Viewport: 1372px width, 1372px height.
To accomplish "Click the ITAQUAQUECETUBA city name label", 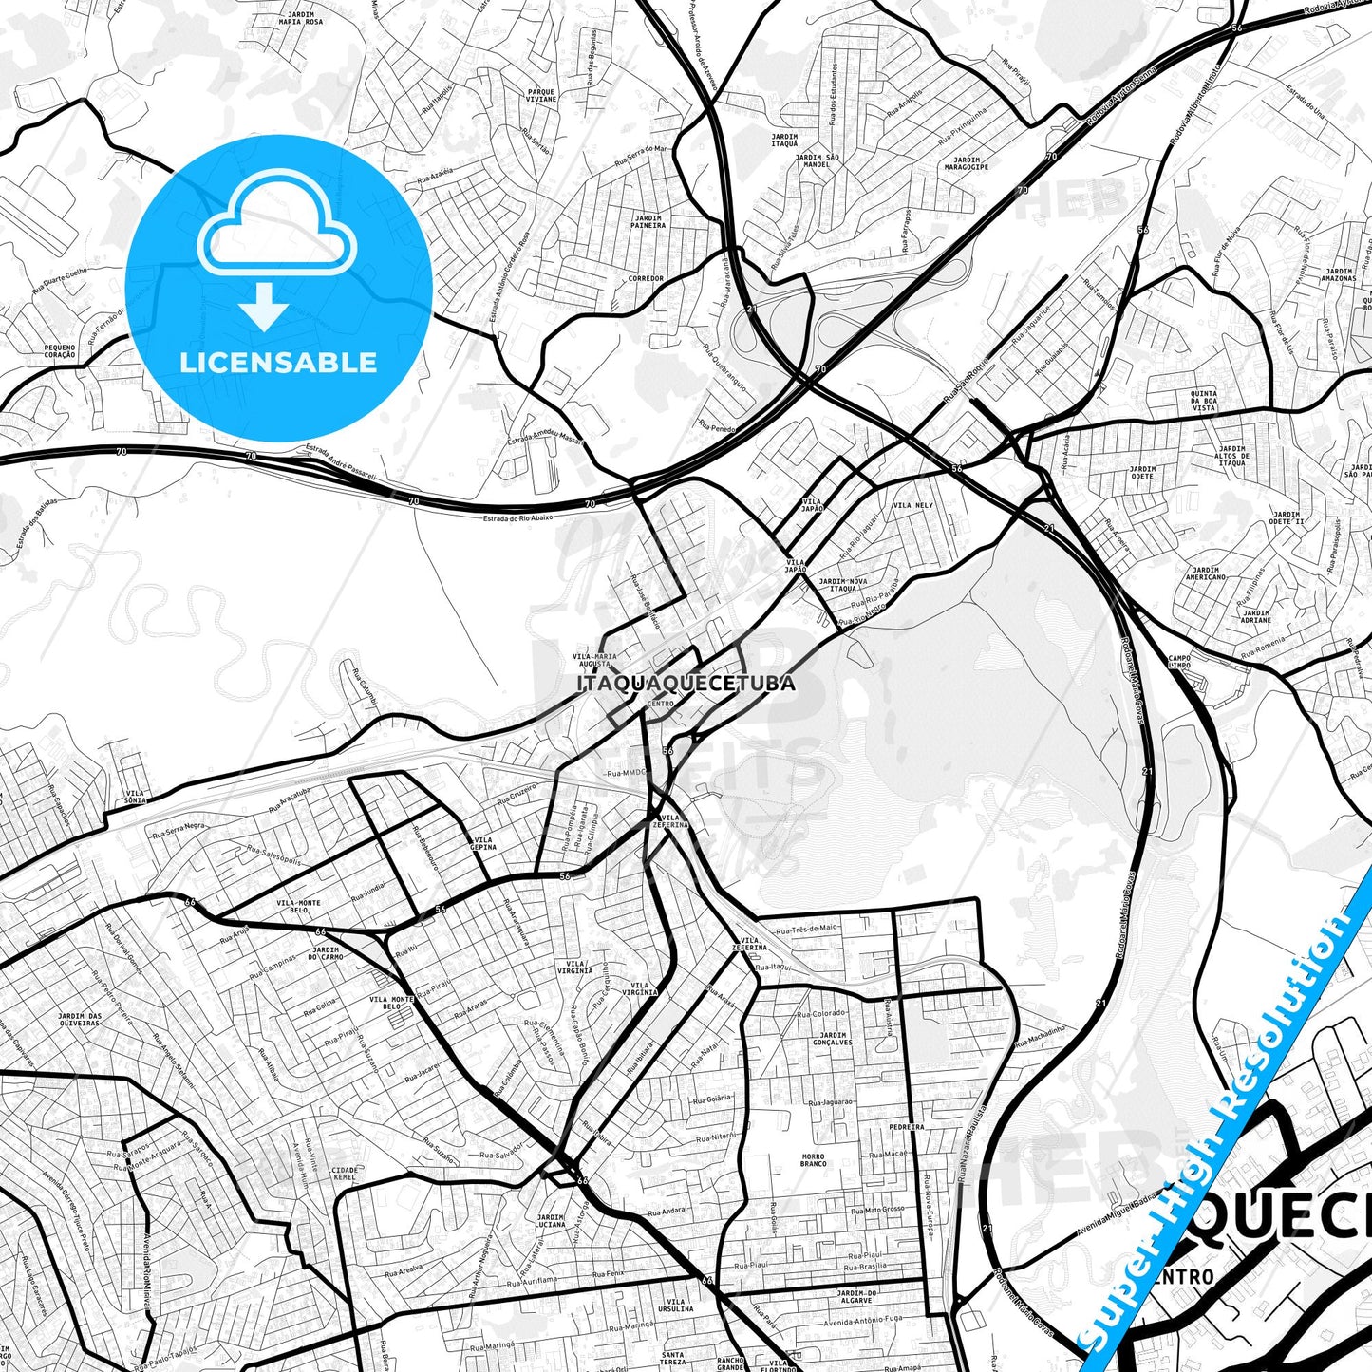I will (686, 683).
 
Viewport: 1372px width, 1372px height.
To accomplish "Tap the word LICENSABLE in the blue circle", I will (278, 362).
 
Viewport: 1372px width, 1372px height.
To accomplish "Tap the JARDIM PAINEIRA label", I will (648, 222).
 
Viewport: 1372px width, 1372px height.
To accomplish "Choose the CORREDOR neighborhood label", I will (647, 278).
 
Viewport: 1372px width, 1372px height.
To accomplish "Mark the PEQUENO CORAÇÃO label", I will (59, 351).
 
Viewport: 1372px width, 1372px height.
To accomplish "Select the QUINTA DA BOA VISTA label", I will (1204, 400).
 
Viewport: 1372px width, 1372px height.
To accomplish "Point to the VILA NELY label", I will (913, 505).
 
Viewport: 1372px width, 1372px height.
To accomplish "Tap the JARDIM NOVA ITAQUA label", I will (843, 584).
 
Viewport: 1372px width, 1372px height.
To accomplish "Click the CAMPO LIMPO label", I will (1179, 662).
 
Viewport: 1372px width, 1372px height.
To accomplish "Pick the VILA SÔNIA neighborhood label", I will (136, 796).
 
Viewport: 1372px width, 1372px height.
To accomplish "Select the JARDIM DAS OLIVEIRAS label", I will (79, 1020).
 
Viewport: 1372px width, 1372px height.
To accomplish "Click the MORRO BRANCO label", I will (813, 1160).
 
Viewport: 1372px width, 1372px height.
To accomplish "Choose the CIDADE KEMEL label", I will (345, 1174).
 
